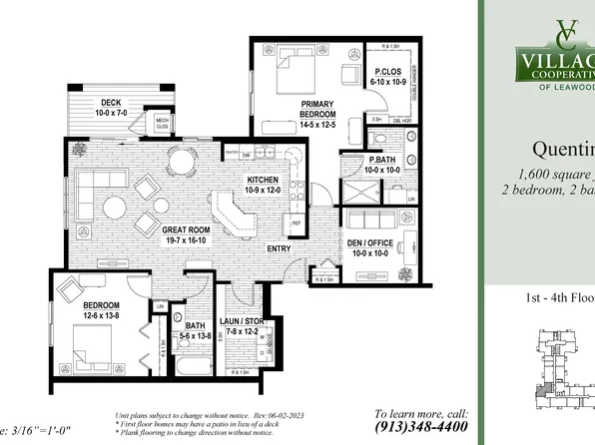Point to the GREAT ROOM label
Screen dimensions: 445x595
coord(188,230)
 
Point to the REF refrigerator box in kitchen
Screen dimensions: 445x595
coord(297,222)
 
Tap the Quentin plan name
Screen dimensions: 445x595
coord(563,150)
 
